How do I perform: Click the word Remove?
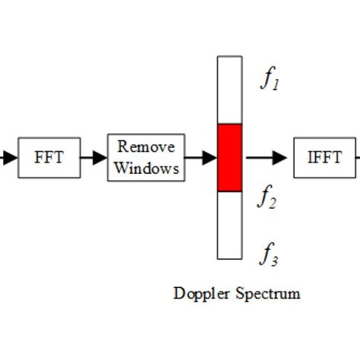(146, 147)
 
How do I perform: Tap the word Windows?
(146, 167)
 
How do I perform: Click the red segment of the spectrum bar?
(230, 157)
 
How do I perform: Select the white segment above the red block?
(230, 90)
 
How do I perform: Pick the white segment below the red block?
(230, 225)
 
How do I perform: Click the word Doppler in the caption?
(200, 293)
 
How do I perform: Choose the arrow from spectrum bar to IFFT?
(266, 158)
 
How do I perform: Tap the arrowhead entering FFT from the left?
(9, 158)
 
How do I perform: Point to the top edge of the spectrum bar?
(230, 56)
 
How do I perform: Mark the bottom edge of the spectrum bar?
(230, 259)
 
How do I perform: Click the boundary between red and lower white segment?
(230, 191)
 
